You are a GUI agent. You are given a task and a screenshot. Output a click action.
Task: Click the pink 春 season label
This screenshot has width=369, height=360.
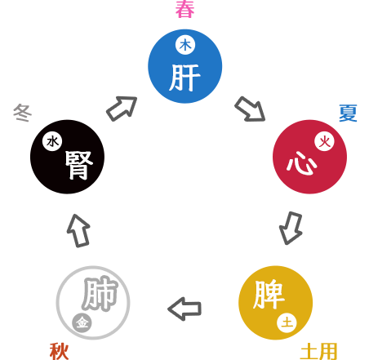point(184,9)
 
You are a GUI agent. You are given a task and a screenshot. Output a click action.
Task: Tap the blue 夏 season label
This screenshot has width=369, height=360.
point(348,113)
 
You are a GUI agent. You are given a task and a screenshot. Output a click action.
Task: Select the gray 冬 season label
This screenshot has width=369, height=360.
point(23,113)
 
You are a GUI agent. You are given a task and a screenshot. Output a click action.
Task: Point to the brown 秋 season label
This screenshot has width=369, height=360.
point(59,352)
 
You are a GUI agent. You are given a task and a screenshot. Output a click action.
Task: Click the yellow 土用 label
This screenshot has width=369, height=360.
point(319,352)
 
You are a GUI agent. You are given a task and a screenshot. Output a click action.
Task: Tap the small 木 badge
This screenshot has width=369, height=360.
point(185,45)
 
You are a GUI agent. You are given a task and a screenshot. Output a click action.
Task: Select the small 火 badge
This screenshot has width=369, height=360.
point(324,142)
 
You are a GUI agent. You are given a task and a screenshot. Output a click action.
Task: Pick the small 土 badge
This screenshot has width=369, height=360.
point(287,323)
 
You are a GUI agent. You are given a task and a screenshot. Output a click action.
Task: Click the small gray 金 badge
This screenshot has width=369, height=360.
point(82,323)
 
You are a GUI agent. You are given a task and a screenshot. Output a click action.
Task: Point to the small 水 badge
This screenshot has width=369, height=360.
point(52,141)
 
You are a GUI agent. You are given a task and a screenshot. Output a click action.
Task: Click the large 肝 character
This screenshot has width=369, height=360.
point(184,78)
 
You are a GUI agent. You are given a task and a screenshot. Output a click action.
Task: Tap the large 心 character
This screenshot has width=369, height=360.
point(301,163)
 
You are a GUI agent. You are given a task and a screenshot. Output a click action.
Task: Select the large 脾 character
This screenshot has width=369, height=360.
point(269,295)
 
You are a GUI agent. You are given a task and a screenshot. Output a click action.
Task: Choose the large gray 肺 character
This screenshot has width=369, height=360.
point(100,294)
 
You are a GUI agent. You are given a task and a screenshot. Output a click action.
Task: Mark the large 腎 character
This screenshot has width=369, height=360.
point(79,165)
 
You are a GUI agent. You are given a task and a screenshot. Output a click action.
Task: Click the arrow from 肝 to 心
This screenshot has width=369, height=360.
point(250,109)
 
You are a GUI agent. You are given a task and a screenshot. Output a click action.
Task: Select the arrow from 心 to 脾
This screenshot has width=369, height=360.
point(291,228)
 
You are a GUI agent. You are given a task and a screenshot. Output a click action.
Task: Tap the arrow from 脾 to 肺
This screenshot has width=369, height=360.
point(184,309)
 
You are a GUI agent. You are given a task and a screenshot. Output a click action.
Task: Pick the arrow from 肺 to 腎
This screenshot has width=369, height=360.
point(78,231)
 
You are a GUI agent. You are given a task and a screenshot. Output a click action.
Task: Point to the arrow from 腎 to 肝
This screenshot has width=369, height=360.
point(122,109)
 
